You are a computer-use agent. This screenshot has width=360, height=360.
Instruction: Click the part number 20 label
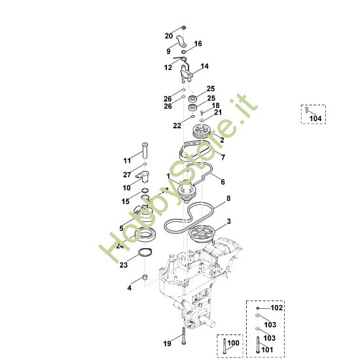(x=168, y=35)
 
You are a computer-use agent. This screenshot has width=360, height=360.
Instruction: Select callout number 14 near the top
(x=204, y=67)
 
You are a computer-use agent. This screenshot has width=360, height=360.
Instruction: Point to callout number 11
(x=128, y=160)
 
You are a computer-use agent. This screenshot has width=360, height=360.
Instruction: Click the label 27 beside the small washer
(x=128, y=175)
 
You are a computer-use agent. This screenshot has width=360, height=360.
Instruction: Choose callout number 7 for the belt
(x=223, y=157)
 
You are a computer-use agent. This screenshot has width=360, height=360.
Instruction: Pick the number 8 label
(x=228, y=198)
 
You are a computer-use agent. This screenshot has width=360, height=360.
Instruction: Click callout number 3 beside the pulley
(x=228, y=222)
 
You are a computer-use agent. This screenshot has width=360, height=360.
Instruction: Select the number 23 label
(x=123, y=264)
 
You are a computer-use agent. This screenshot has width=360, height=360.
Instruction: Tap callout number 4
(x=130, y=287)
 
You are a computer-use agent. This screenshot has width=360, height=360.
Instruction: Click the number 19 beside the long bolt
(x=167, y=343)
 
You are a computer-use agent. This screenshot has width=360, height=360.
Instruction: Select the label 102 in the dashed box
(x=277, y=307)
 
